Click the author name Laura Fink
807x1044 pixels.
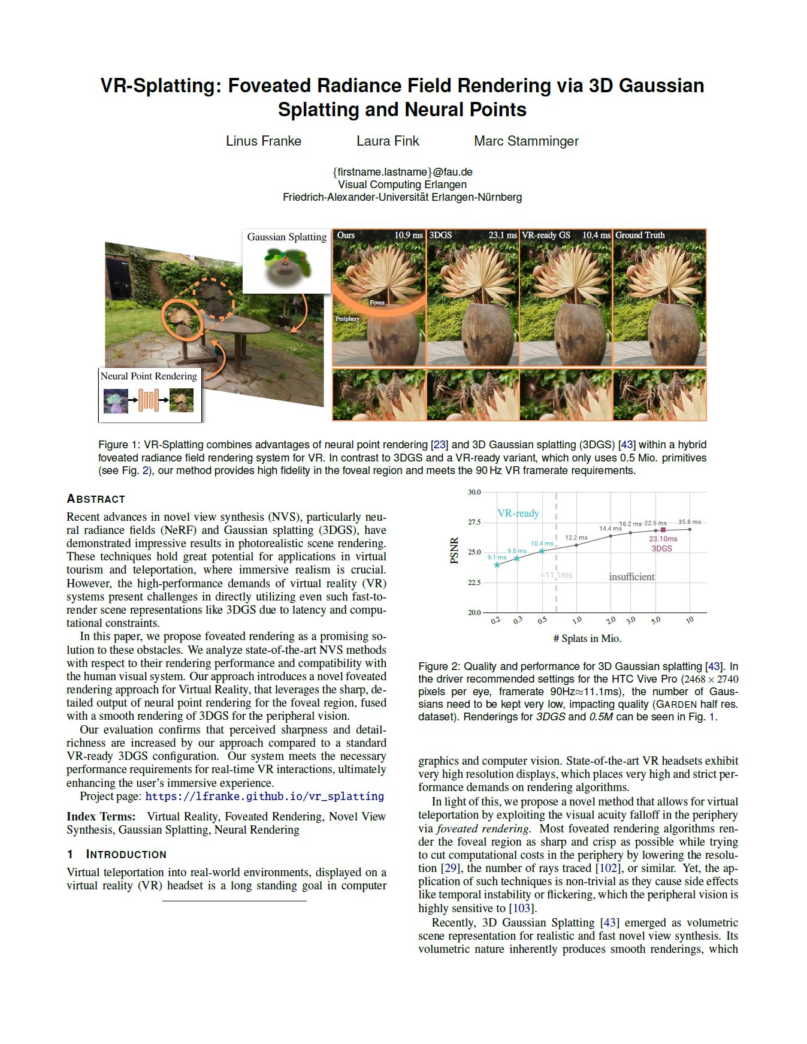(x=388, y=141)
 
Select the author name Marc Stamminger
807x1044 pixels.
(x=526, y=141)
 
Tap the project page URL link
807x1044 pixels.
(x=264, y=796)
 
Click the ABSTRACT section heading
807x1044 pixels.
(x=96, y=499)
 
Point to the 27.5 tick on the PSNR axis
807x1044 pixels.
(x=474, y=523)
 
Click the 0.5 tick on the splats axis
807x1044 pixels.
(x=542, y=620)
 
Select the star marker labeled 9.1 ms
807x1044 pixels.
(x=497, y=565)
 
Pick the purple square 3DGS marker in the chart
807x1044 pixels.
(x=663, y=530)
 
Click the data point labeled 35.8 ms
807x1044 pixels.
(x=690, y=529)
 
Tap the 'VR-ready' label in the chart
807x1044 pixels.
(x=518, y=513)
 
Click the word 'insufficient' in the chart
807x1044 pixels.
(x=631, y=577)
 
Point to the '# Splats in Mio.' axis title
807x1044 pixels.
(x=587, y=638)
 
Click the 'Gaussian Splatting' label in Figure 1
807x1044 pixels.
(x=287, y=237)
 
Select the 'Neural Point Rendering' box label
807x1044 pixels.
(x=149, y=376)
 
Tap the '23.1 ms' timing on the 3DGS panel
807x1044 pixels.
(x=502, y=235)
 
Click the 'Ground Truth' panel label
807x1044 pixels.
(x=640, y=235)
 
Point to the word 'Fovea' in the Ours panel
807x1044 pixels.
(x=377, y=303)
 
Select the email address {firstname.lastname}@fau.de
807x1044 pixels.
(x=403, y=172)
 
